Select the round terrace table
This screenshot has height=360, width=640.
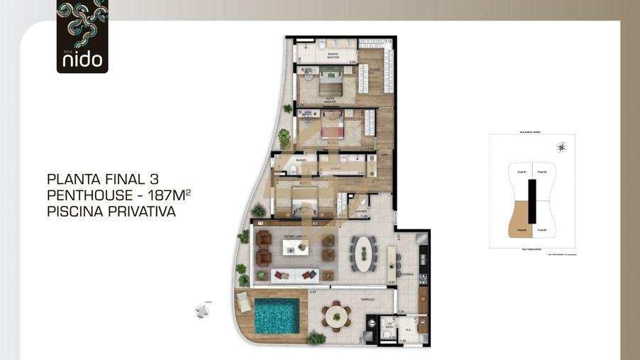coord(336,315)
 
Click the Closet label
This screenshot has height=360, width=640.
coord(376,70)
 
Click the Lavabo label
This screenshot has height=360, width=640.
coord(360,210)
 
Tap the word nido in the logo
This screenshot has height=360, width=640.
coord(82,60)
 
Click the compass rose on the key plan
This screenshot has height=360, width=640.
coord(561,148)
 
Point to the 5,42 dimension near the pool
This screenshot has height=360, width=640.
coord(313,292)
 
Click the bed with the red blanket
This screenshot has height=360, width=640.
coord(333,131)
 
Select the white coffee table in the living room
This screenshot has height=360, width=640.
coord(294,247)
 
